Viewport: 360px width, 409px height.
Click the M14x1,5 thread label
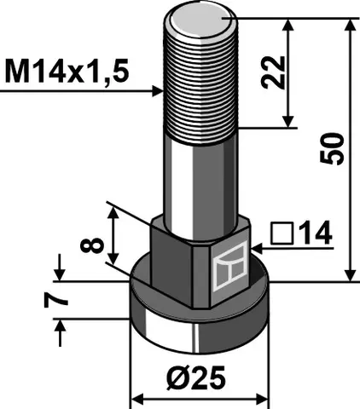[x=66, y=72]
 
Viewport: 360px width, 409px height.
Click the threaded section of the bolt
[x=202, y=77]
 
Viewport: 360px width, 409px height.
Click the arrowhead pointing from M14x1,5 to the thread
[x=157, y=89]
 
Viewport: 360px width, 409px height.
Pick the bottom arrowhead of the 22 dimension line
[x=290, y=122]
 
